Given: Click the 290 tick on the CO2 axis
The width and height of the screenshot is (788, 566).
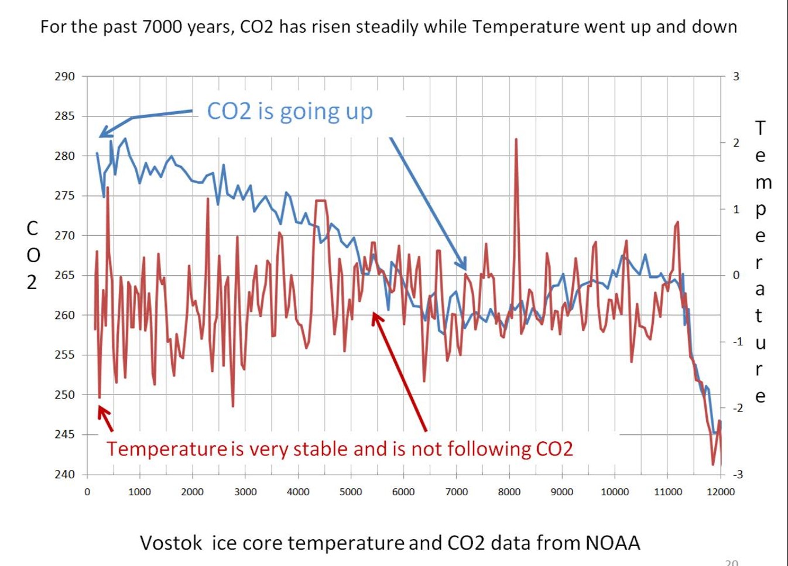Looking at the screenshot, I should [x=65, y=76].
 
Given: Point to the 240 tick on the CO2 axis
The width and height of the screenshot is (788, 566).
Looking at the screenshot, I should [x=65, y=474].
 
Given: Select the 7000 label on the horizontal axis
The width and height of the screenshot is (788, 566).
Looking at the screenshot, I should [x=456, y=492].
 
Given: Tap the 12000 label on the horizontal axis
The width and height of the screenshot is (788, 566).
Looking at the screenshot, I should [x=720, y=492].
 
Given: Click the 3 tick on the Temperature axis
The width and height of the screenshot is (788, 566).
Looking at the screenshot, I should [x=736, y=76].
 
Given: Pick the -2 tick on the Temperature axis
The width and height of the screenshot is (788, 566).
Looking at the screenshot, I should [x=737, y=408].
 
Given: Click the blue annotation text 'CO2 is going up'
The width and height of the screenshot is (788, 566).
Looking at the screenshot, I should [x=290, y=111].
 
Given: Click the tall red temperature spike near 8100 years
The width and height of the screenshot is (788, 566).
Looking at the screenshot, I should [x=516, y=140].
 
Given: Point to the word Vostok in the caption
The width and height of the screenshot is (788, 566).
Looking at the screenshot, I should [x=171, y=543].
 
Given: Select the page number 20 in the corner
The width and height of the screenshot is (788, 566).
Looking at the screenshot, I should [x=731, y=562].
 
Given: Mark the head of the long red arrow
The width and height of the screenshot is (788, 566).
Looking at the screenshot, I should [x=375, y=315].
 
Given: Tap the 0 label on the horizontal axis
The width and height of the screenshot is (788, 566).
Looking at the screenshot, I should [x=87, y=492].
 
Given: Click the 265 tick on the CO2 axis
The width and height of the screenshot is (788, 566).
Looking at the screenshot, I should [x=65, y=275].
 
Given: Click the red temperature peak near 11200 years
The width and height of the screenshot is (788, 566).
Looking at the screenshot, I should [x=677, y=223].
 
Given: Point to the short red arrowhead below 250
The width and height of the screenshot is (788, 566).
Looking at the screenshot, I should [x=101, y=409].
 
